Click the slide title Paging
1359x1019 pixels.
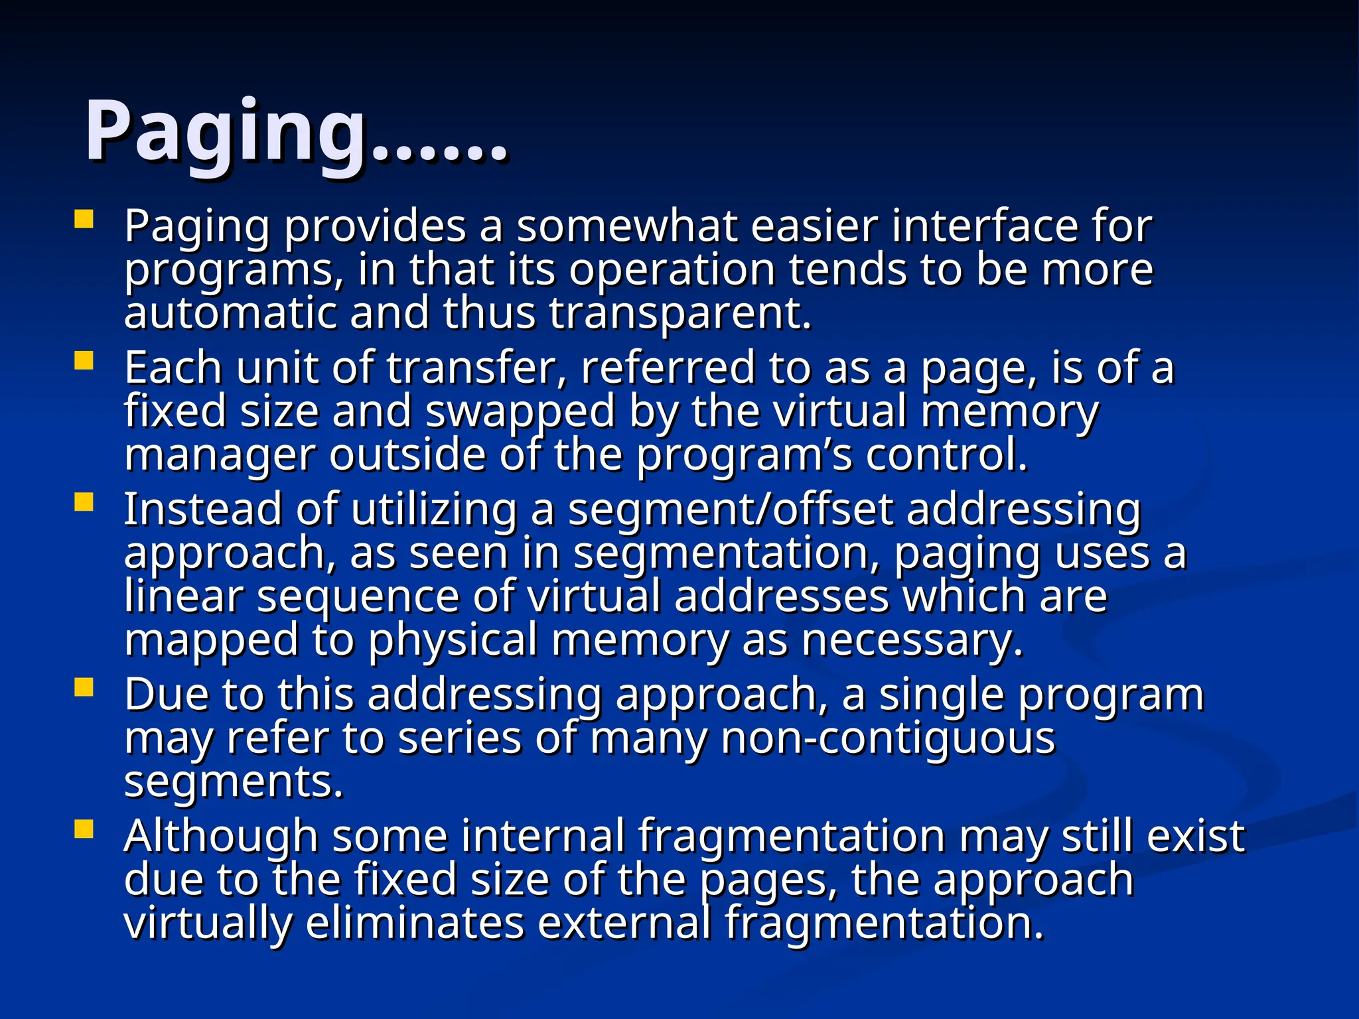point(295,133)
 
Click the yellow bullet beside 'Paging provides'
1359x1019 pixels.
point(84,220)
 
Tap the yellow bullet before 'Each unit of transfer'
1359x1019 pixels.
point(84,361)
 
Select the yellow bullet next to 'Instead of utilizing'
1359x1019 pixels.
point(84,502)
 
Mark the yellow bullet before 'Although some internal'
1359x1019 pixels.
point(84,829)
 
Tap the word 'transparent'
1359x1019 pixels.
point(679,314)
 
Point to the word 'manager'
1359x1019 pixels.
point(220,456)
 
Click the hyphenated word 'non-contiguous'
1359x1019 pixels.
point(888,739)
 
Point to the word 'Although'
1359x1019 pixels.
point(220,837)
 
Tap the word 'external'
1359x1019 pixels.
point(623,923)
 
